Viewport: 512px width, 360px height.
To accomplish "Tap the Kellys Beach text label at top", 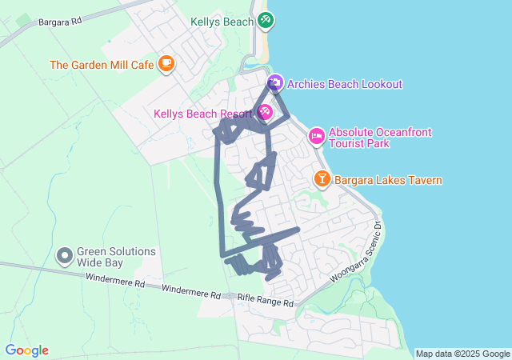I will click(222, 22).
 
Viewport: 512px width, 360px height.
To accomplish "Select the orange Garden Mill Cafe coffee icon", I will click(166, 63).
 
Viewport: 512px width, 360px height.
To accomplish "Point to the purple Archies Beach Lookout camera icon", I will click(274, 83).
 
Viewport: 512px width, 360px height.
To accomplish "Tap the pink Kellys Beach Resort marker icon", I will click(264, 113).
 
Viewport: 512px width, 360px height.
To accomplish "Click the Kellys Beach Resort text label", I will click(203, 114).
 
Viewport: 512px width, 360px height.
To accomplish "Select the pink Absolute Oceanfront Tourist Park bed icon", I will click(317, 137).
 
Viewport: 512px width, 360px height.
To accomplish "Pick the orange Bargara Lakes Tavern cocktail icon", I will click(322, 179).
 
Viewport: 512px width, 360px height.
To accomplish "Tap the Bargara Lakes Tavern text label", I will click(388, 181).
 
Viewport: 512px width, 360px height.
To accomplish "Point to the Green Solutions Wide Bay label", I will click(116, 257).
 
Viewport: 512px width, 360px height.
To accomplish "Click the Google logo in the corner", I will click(26, 350).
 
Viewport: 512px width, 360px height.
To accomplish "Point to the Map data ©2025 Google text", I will click(462, 354).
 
